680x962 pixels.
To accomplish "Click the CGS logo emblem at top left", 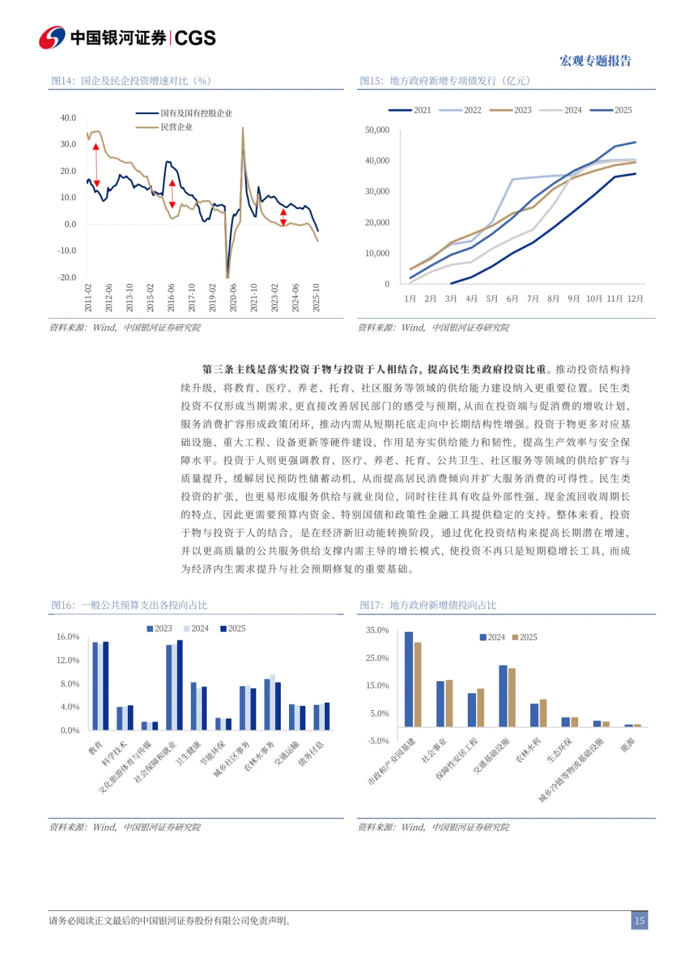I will point(52,38).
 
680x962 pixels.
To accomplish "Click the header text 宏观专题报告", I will point(595,61).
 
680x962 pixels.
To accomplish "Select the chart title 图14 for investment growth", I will point(131,81).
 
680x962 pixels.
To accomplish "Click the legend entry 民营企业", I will point(176,127).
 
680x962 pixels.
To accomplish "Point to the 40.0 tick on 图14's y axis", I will point(68,118).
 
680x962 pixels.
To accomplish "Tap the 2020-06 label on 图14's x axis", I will point(233,297).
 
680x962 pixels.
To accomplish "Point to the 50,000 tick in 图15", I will point(377,130).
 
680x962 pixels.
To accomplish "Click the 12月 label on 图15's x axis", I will point(635,298).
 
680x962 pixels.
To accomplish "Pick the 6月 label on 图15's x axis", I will point(513,298).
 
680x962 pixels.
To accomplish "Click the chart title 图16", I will point(129,605).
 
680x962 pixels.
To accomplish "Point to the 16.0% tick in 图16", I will point(68,637).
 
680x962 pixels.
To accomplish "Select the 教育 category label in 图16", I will point(95,748).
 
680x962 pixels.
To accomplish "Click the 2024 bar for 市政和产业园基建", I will point(409,679).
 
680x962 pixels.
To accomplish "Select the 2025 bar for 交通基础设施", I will point(512,697).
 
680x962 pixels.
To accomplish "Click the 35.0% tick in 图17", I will point(377,630).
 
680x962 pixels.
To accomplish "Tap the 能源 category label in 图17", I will point(628,745).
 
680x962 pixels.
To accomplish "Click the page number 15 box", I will point(639,920).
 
